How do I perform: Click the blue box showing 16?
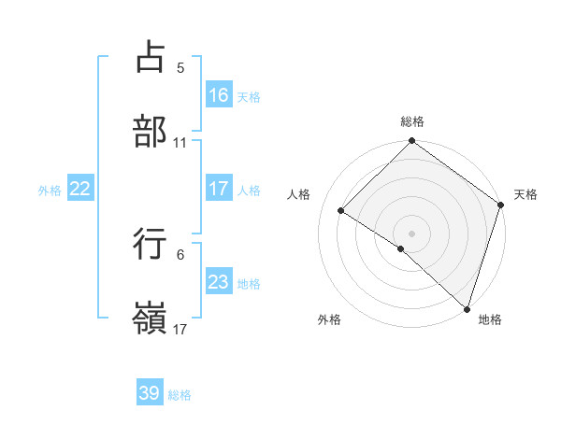click(x=219, y=95)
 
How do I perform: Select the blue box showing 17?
click(x=219, y=189)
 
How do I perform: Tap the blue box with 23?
click(x=219, y=282)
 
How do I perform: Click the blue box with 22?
click(x=80, y=189)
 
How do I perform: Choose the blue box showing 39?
click(x=150, y=393)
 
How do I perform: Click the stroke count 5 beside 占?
click(x=180, y=68)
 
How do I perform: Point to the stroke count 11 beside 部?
click(x=180, y=143)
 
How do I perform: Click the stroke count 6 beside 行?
click(x=180, y=254)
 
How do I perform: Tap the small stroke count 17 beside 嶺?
click(x=180, y=329)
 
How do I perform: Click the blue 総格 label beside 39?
click(x=180, y=395)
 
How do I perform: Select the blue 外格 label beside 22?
click(x=50, y=190)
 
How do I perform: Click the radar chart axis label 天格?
click(x=525, y=194)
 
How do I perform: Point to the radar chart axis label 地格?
click(x=490, y=319)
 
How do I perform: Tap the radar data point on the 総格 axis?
click(x=411, y=142)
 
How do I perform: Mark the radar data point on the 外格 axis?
click(x=401, y=248)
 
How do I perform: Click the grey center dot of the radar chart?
click(x=411, y=233)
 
